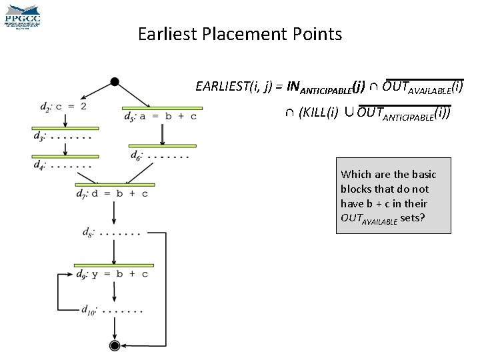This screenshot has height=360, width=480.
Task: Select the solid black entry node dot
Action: pos(115,81)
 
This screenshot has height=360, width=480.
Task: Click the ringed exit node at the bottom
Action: pos(115,345)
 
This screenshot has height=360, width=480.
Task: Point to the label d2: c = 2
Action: pos(63,106)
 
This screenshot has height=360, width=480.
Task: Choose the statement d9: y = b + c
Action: pos(112,273)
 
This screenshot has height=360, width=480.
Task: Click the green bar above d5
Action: pos(162,107)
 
